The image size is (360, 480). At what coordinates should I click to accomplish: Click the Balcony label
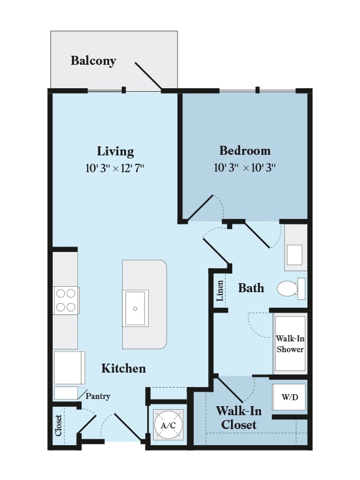(94, 61)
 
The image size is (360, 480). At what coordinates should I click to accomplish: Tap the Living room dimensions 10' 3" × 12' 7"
(115, 168)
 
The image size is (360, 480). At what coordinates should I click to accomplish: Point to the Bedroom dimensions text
(245, 167)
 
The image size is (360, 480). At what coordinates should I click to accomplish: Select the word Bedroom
(245, 151)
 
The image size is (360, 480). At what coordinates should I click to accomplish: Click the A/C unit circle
(169, 425)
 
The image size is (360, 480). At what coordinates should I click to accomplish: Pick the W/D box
(290, 397)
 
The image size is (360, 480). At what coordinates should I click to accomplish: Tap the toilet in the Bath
(291, 289)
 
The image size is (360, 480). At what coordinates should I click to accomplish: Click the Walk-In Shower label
(290, 344)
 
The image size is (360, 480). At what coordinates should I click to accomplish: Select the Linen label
(220, 291)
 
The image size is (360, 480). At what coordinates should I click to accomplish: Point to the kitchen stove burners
(66, 301)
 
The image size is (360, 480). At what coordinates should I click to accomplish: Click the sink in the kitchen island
(136, 308)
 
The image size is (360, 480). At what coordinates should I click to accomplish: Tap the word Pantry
(98, 396)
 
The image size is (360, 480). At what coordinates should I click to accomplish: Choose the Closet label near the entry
(58, 425)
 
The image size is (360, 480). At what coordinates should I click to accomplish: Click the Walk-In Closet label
(239, 418)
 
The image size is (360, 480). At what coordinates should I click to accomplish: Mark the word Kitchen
(124, 368)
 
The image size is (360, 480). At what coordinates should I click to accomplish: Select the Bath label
(251, 288)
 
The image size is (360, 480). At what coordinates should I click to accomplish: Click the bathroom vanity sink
(295, 254)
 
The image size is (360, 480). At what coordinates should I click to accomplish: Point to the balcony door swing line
(148, 77)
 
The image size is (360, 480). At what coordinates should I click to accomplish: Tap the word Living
(115, 152)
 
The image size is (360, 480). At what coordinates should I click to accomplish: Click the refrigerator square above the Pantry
(70, 368)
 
